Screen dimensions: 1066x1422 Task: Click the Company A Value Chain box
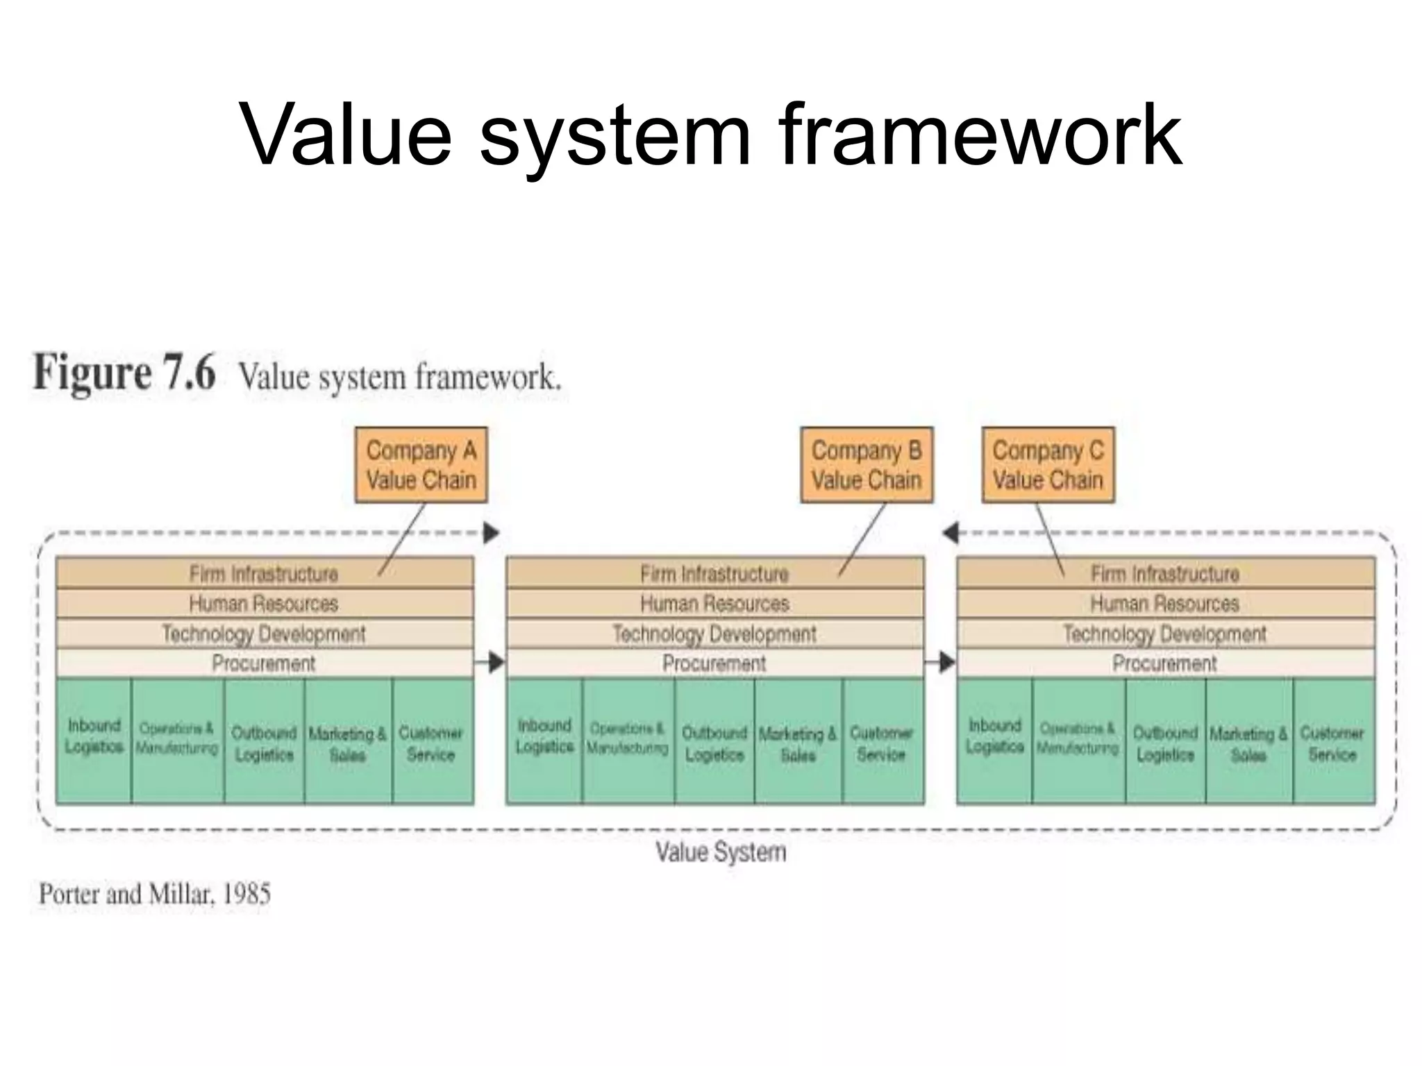(421, 464)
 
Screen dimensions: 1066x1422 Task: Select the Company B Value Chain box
(867, 464)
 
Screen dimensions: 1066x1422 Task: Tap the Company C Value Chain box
(1048, 464)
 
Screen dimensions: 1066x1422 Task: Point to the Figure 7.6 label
(125, 373)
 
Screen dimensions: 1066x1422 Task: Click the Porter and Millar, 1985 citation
(155, 894)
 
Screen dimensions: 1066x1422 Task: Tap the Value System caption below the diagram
(721, 852)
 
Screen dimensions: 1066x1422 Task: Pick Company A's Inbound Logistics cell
(94, 740)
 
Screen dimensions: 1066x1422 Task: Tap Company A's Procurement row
(264, 663)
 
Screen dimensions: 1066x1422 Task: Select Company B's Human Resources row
(714, 604)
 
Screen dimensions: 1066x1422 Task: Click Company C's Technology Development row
(1165, 634)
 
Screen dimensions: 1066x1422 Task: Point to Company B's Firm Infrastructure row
(714, 574)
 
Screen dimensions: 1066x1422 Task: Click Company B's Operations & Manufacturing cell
(628, 740)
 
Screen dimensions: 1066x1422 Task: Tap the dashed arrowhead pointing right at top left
(492, 533)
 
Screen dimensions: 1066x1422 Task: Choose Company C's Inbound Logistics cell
(994, 740)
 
